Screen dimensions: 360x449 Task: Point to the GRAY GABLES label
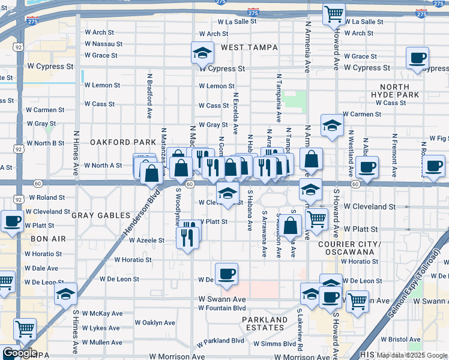[101, 215]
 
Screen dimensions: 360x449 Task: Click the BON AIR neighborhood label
[47, 239]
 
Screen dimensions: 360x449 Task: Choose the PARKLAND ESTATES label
[264, 323]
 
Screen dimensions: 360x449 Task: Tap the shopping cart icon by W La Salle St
[334, 14]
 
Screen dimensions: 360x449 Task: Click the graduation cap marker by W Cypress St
[203, 54]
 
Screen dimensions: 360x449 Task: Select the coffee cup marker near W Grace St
[417, 59]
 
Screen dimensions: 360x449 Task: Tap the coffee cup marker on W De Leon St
[226, 274]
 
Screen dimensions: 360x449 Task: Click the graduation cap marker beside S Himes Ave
[65, 295]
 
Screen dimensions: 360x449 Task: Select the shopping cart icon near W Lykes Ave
[25, 329]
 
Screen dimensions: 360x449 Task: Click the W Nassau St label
[103, 44]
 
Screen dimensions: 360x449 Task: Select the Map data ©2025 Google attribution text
[411, 355]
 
